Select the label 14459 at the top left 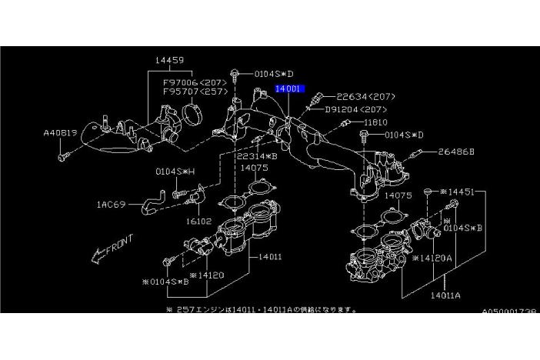[168, 60]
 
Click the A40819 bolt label [60, 132]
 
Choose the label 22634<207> [366, 97]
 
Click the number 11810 [375, 122]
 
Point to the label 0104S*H [175, 172]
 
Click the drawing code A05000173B [510, 312]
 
